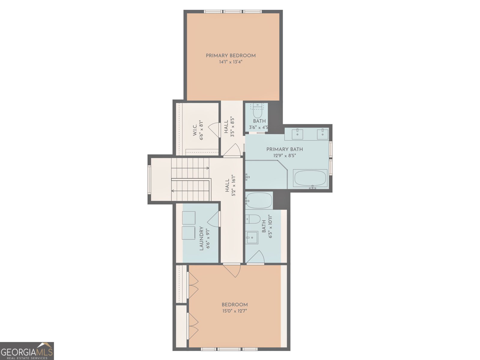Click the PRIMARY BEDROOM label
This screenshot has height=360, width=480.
(x=231, y=55)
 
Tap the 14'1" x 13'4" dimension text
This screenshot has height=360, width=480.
(x=231, y=62)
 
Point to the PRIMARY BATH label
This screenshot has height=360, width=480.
(x=284, y=149)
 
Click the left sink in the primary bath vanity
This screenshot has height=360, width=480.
(x=297, y=134)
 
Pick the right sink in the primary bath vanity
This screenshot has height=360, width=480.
(x=322, y=134)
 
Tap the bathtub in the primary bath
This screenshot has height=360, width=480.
(x=310, y=178)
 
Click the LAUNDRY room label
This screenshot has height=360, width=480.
(x=201, y=238)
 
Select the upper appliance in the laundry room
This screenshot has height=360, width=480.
(x=189, y=218)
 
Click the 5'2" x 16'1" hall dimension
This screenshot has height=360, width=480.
(x=233, y=186)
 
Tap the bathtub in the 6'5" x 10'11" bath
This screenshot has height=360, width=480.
(x=259, y=200)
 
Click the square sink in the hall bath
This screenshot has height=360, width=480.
(x=252, y=237)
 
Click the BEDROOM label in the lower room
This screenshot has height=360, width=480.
(x=234, y=304)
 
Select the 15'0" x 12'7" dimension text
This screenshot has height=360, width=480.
(x=234, y=311)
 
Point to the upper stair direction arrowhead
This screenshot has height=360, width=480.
(x=208, y=168)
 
